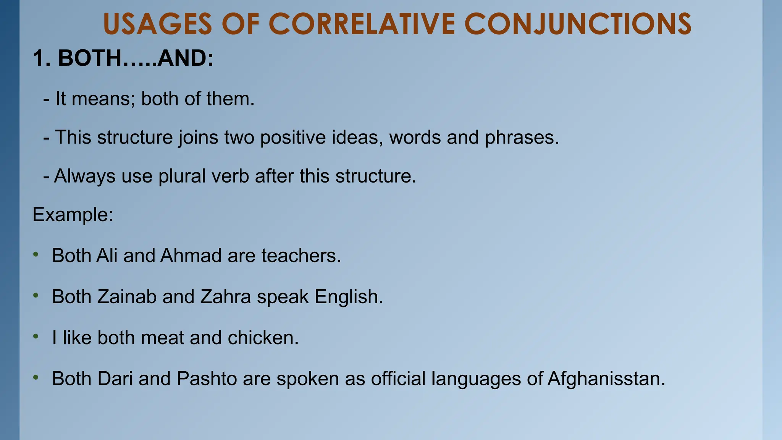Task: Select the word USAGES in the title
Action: pos(157,24)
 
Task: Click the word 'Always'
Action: pos(85,176)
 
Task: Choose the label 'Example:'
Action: pos(73,215)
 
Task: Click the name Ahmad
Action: pos(191,256)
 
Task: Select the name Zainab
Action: pos(127,297)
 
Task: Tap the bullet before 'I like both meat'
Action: pos(36,336)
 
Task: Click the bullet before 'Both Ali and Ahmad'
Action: pos(36,254)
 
